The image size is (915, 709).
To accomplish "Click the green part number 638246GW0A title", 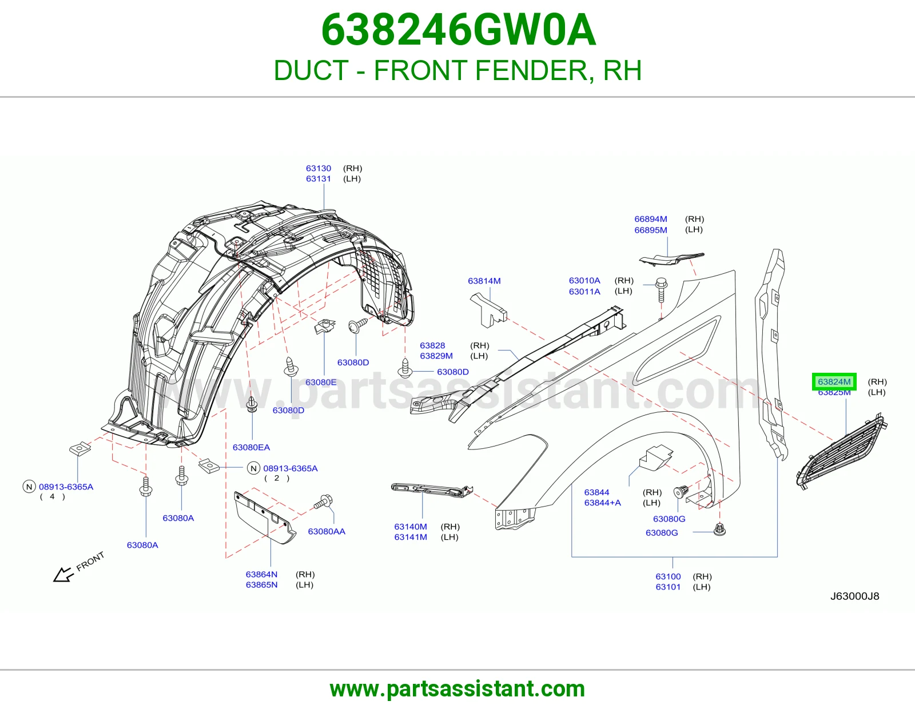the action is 458,30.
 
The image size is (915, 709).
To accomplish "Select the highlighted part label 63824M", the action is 834,382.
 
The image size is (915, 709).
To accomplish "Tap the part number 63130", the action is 319,169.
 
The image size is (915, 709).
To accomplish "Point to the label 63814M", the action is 484,281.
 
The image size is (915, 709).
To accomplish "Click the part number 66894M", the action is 651,219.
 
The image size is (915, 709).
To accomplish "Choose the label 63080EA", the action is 252,448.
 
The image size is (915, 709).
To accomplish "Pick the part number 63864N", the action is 261,574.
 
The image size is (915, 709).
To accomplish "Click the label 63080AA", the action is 327,531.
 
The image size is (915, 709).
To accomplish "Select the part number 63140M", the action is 411,527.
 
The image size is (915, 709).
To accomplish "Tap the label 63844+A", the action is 603,503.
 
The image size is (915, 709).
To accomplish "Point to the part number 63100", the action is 668,576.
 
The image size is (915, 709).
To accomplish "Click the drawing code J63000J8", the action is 855,596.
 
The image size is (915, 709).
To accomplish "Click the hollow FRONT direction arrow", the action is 63,574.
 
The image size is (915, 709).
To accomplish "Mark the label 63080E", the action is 321,383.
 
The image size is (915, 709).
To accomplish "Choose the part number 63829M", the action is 436,356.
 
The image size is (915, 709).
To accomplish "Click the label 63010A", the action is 584,280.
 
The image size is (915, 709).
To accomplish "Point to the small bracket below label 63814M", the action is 488,310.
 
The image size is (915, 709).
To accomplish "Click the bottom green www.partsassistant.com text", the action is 457,689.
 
